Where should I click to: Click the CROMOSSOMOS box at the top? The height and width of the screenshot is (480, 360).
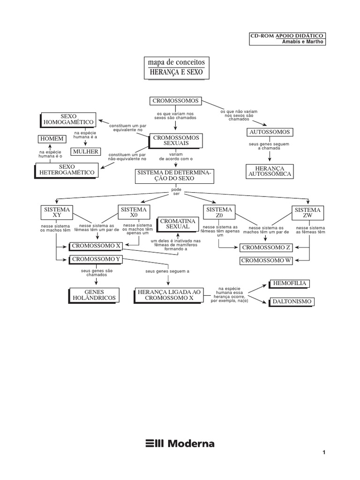click(x=175, y=101)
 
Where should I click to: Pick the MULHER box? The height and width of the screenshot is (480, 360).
click(x=85, y=151)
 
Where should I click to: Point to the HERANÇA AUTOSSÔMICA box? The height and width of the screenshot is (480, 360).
click(x=269, y=171)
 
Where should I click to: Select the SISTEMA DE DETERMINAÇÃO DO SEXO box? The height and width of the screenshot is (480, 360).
click(x=174, y=176)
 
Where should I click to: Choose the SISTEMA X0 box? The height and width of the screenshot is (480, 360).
click(x=134, y=212)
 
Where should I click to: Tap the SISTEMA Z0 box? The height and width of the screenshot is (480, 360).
click(x=218, y=212)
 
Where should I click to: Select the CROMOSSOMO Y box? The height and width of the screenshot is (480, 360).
click(x=95, y=259)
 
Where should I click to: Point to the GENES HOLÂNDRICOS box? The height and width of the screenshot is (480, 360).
click(x=93, y=294)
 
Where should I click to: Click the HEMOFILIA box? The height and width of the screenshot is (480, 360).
click(x=289, y=284)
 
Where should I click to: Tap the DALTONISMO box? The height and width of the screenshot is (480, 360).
click(x=291, y=301)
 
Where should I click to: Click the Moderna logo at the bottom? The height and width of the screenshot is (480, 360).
click(x=180, y=443)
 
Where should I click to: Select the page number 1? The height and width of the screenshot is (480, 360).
click(x=323, y=452)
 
